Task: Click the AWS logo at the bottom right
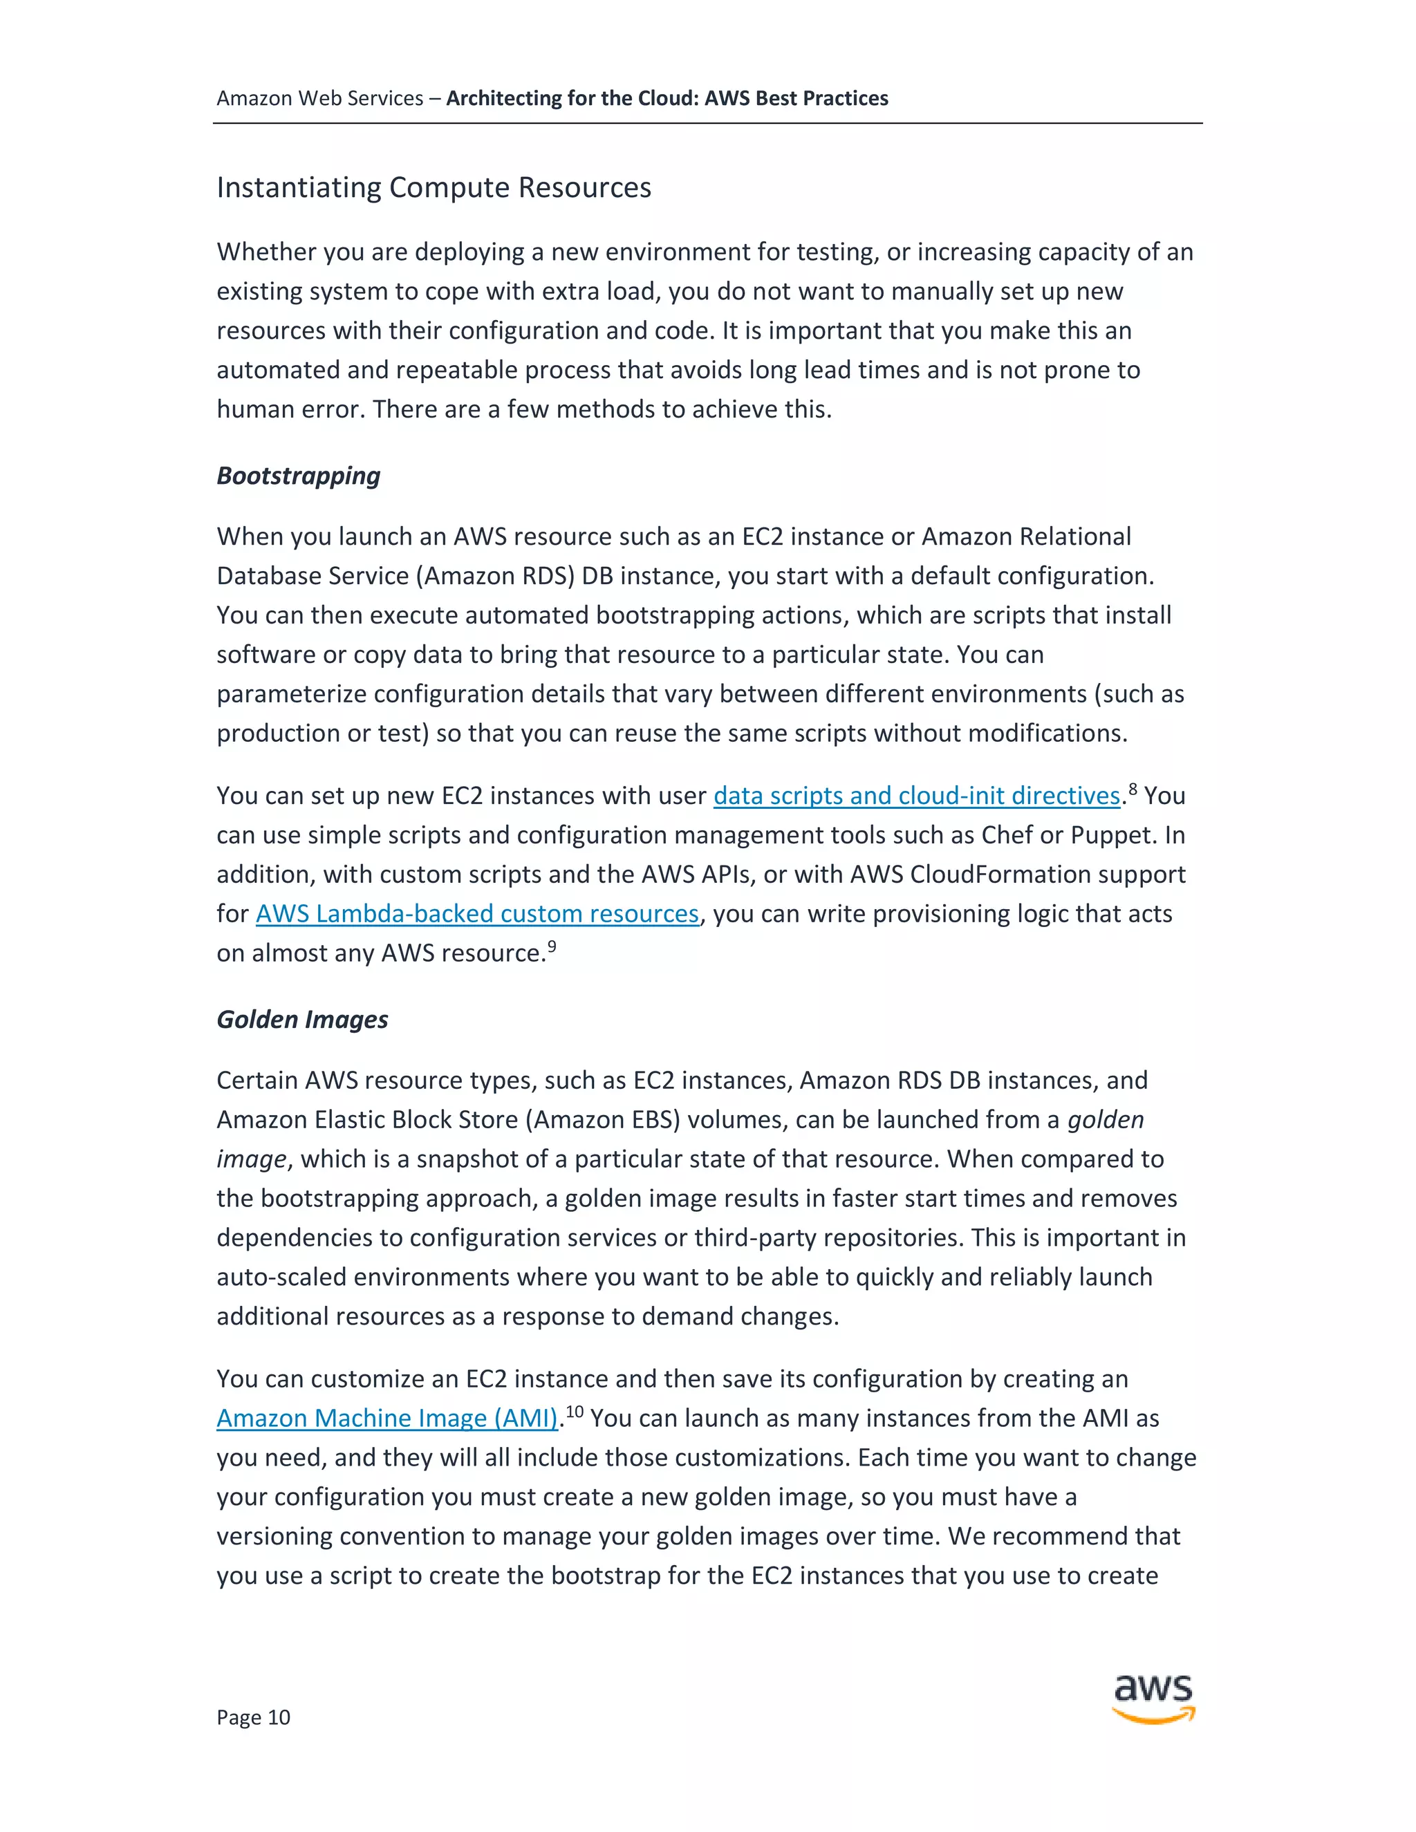coord(1153,1698)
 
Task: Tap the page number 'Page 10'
coord(253,1717)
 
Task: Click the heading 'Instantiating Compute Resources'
coord(434,187)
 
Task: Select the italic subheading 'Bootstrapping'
coord(298,476)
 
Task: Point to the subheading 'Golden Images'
coord(302,1019)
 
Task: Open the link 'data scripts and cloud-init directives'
coord(916,795)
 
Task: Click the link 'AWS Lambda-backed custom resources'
coord(476,913)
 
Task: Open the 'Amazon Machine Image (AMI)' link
coord(386,1418)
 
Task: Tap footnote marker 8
coord(1133,789)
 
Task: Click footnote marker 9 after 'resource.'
coord(552,946)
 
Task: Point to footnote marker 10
coord(574,1411)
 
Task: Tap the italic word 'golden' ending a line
coord(1105,1119)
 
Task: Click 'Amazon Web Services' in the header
coord(319,98)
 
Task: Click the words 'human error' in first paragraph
coord(290,409)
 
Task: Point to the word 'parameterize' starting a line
coord(291,693)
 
